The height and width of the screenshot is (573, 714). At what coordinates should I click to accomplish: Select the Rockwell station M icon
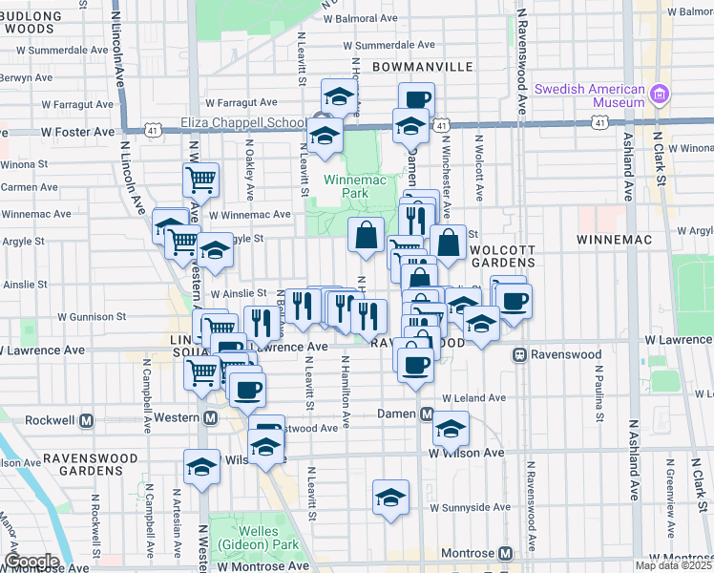point(87,419)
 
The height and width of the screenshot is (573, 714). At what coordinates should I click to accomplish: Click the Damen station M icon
point(427,414)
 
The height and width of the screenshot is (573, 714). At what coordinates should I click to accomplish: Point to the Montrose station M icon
point(505,553)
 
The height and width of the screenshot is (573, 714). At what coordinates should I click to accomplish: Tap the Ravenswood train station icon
point(520,354)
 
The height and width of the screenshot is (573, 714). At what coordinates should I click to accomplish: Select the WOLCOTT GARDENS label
point(503,255)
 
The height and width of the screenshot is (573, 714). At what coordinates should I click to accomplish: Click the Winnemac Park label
point(345,185)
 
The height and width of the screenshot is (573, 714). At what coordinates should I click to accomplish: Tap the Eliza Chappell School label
point(243,123)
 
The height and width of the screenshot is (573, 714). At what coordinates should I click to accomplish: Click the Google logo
point(31,561)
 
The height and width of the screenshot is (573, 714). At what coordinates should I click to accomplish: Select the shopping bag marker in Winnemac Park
point(366,234)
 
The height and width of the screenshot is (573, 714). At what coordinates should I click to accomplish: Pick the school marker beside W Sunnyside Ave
point(390,497)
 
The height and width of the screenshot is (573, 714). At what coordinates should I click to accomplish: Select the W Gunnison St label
point(93,316)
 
